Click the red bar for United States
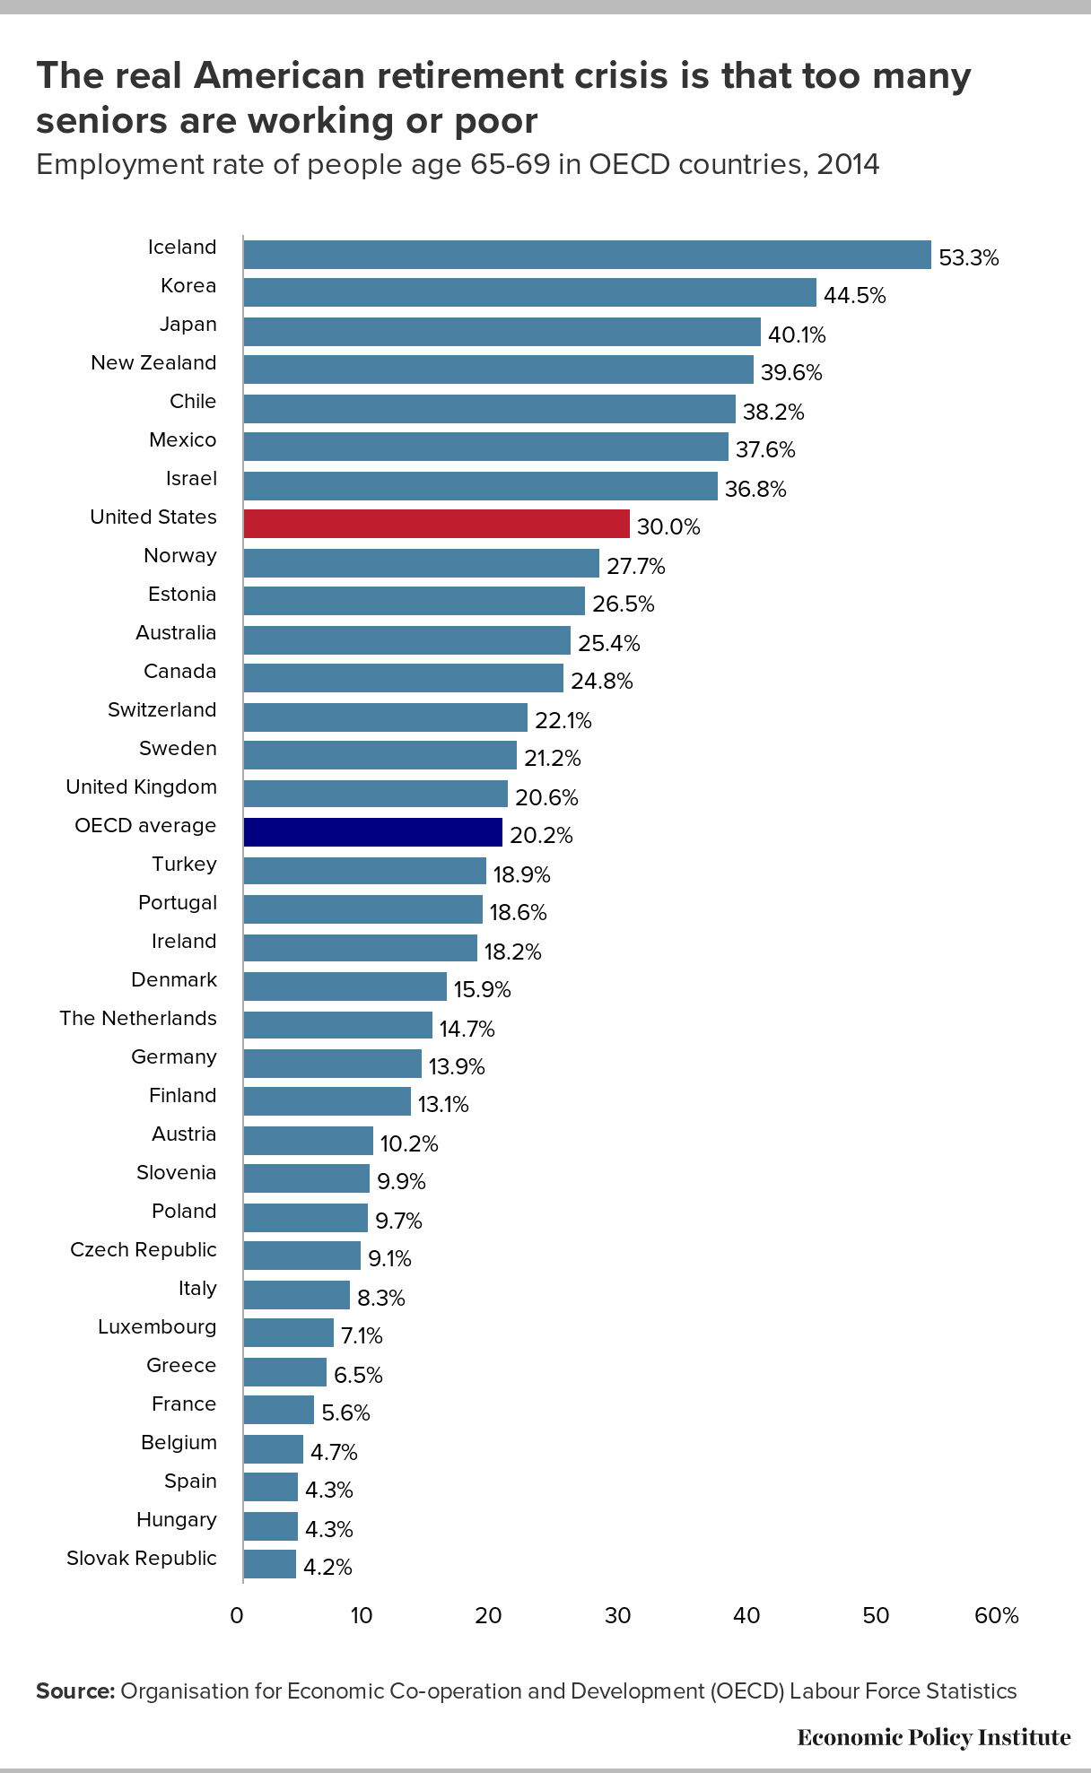(x=436, y=524)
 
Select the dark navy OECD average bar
(x=372, y=832)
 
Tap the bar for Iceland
(x=587, y=254)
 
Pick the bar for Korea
(x=529, y=292)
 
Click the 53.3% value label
(x=968, y=258)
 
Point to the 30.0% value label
(x=668, y=527)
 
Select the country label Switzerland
(x=162, y=709)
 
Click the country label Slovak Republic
(x=142, y=1558)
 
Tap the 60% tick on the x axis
(x=997, y=1615)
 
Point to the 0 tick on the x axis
(x=236, y=1615)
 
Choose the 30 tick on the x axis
(x=617, y=1615)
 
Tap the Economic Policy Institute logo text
(x=933, y=1737)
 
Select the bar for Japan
(x=502, y=331)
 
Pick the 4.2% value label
(x=327, y=1568)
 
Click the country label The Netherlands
(x=138, y=1018)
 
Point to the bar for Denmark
(x=345, y=986)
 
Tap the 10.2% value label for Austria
(x=408, y=1143)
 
